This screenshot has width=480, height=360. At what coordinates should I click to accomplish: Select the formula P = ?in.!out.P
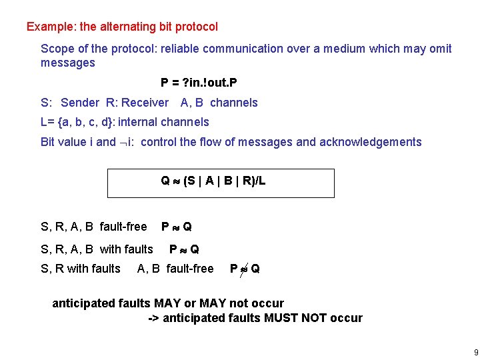[199, 83]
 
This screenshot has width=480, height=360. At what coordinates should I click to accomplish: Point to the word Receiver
[145, 103]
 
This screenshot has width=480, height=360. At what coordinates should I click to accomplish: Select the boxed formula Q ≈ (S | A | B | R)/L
[213, 181]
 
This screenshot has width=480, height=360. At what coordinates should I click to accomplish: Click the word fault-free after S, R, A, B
[123, 227]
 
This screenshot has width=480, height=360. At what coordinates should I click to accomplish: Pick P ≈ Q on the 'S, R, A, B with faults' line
[184, 249]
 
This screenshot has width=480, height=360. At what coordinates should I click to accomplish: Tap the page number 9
[475, 351]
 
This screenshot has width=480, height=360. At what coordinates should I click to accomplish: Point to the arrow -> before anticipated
[153, 318]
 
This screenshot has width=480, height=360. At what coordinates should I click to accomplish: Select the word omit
[440, 49]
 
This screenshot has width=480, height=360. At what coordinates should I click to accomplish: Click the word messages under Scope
[68, 63]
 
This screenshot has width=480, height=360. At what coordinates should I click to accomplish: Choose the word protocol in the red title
[197, 27]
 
